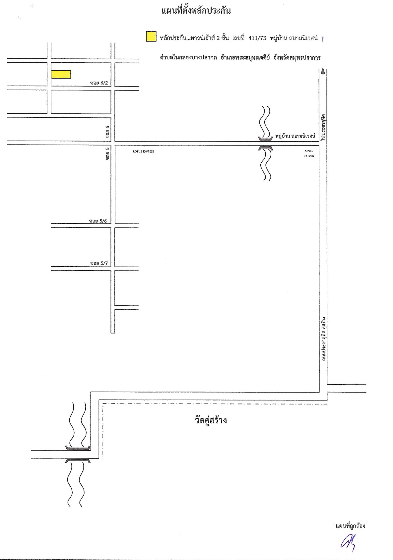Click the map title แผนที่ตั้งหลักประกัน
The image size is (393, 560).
click(196, 11)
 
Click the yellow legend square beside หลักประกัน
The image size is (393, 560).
click(151, 36)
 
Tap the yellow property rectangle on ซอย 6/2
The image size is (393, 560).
click(61, 74)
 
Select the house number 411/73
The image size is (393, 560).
click(257, 38)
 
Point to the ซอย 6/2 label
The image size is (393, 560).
click(99, 83)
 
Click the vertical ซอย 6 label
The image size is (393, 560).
click(107, 132)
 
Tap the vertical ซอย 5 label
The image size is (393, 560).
click(107, 154)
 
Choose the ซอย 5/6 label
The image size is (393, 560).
click(98, 221)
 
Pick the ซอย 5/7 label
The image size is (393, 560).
click(99, 263)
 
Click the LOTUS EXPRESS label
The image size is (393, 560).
click(144, 151)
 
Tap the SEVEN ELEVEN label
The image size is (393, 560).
click(309, 154)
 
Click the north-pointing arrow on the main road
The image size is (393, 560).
click(323, 72)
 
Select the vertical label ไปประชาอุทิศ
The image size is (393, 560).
click(323, 127)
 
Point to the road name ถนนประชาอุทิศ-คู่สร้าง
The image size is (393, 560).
click(324, 339)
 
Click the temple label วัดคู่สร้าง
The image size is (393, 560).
click(211, 420)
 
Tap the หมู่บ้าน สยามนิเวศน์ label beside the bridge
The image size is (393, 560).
click(295, 136)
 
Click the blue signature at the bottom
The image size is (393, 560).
click(348, 543)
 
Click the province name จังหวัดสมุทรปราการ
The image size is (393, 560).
click(297, 57)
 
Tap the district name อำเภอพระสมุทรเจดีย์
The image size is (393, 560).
click(245, 57)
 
